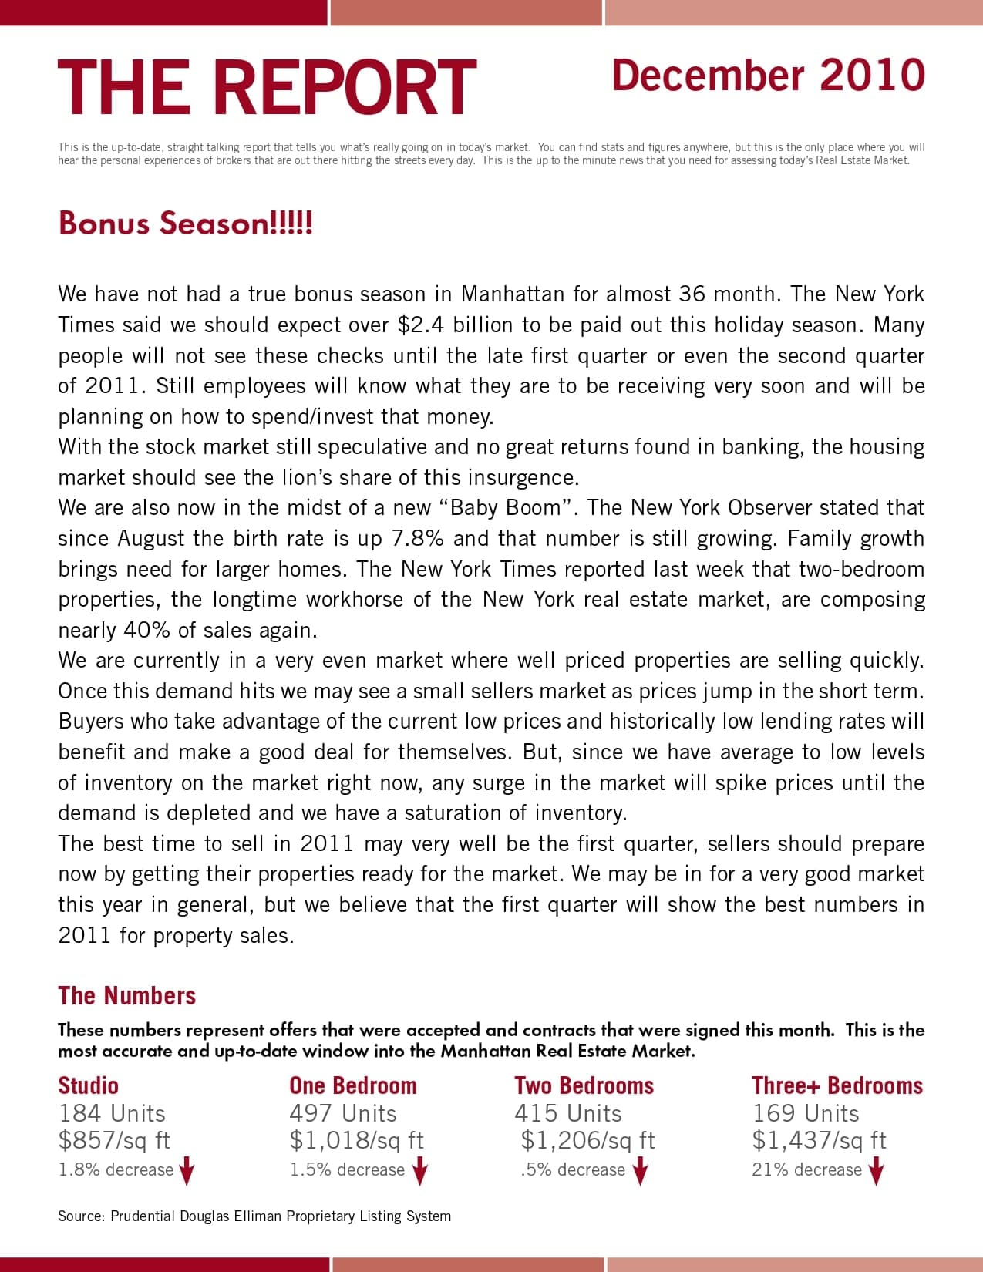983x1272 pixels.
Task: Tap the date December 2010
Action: [x=768, y=76]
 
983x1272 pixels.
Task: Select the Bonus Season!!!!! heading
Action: [x=185, y=224]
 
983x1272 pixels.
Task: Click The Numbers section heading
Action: [x=126, y=995]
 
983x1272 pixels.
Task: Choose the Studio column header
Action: [x=88, y=1085]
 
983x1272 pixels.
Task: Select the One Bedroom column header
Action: [x=352, y=1085]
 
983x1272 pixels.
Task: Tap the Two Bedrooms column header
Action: [x=584, y=1085]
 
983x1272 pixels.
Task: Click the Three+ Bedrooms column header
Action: [x=837, y=1085]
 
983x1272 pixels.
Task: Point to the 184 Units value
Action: [x=112, y=1113]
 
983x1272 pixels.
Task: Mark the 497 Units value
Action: [x=343, y=1113]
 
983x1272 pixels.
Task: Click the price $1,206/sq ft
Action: [x=587, y=1140]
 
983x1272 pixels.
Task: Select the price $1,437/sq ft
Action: [x=819, y=1140]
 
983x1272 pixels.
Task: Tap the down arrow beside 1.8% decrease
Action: [x=187, y=1171]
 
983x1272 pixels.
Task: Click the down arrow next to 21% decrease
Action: [x=875, y=1171]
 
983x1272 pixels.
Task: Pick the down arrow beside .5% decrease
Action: [x=640, y=1171]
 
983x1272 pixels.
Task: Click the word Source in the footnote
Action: [x=80, y=1216]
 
